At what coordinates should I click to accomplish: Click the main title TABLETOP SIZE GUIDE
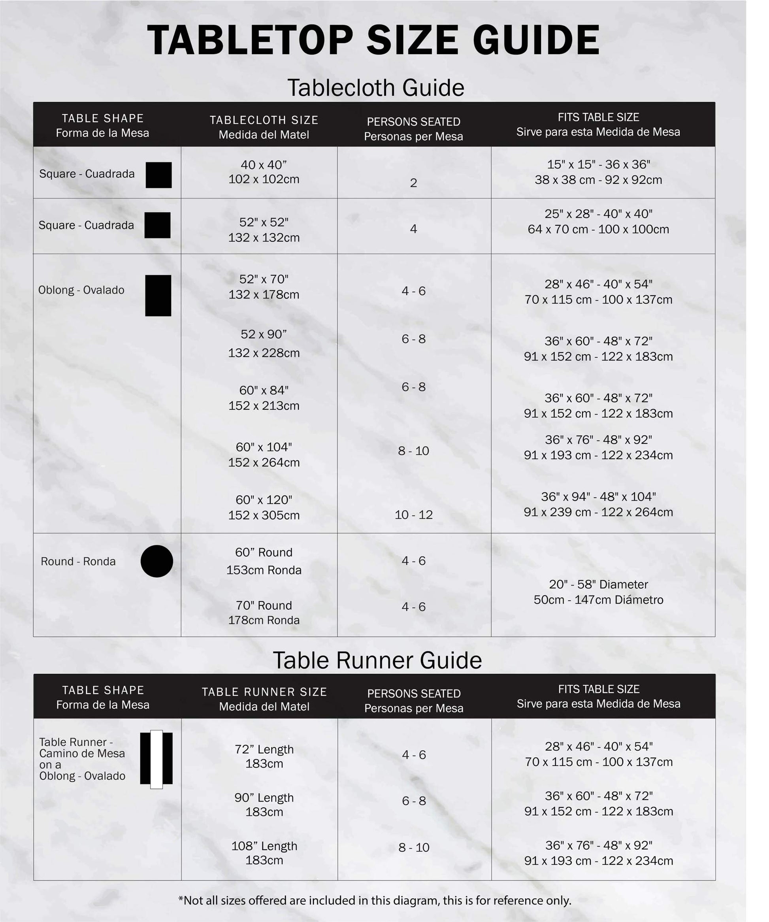(x=373, y=40)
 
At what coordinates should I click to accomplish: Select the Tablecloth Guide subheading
(x=376, y=88)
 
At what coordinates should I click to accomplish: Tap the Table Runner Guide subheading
(x=377, y=660)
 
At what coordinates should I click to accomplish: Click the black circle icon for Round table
(x=157, y=561)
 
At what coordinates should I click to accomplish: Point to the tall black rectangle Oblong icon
(x=158, y=296)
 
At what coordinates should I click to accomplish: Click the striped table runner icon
(x=156, y=759)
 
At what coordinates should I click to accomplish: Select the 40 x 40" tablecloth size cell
(x=264, y=172)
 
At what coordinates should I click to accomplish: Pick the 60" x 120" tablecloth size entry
(x=264, y=507)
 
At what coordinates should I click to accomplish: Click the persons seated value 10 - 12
(x=413, y=515)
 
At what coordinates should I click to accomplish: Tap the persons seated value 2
(x=413, y=183)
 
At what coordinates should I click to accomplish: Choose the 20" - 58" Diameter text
(x=598, y=584)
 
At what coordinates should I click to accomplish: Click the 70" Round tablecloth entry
(x=264, y=613)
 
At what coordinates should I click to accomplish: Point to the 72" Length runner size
(x=264, y=756)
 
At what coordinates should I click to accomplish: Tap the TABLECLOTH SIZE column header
(x=264, y=127)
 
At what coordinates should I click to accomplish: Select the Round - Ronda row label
(x=78, y=562)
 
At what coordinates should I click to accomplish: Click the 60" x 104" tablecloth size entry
(x=264, y=454)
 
